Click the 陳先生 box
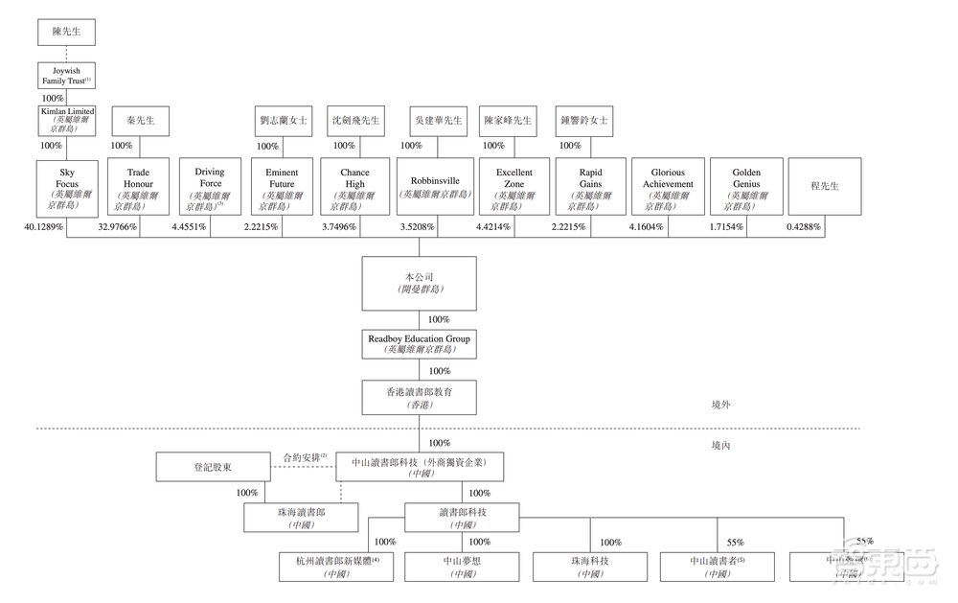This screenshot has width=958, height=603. (x=67, y=33)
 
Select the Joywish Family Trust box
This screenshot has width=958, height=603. (x=67, y=76)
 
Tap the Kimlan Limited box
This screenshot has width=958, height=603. (x=67, y=121)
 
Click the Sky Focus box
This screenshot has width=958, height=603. (x=67, y=186)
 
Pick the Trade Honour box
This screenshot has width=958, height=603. (x=138, y=186)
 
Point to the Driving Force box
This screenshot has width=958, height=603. (x=211, y=186)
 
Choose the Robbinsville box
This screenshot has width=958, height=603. (x=435, y=186)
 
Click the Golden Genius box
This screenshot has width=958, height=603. (x=746, y=186)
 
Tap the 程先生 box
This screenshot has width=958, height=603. (x=824, y=186)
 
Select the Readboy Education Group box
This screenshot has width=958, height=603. (x=419, y=344)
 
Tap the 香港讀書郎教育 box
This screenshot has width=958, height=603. (x=419, y=397)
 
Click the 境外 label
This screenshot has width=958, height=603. (x=721, y=406)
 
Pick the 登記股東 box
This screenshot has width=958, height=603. (x=213, y=467)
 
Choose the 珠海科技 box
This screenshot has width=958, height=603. (x=584, y=566)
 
